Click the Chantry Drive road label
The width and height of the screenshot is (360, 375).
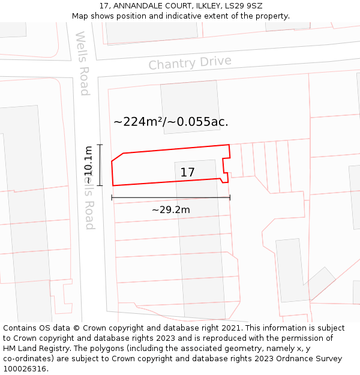click(190, 63)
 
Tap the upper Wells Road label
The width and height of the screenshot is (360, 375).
click(82, 64)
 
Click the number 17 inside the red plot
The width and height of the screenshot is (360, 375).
click(188, 173)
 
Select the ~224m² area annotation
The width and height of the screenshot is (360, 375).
click(138, 122)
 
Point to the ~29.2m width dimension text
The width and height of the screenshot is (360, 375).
click(170, 210)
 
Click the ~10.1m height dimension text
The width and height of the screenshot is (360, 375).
click(88, 165)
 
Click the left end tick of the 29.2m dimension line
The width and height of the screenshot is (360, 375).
click(112, 197)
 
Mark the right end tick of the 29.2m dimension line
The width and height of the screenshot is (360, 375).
click(230, 197)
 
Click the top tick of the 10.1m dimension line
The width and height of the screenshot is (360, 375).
click(100, 145)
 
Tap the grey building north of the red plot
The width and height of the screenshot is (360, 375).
click(190, 107)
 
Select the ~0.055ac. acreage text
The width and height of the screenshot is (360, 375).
click(198, 122)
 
